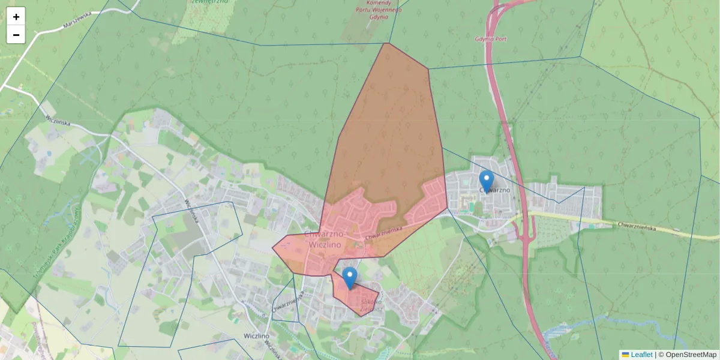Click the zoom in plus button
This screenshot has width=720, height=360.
click(x=16, y=17)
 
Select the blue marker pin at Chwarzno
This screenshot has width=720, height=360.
click(x=486, y=182)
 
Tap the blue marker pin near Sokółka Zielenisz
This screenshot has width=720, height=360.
click(x=350, y=278)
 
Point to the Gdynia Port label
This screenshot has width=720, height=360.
click(x=491, y=39)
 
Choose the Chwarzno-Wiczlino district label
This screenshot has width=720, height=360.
click(x=323, y=239)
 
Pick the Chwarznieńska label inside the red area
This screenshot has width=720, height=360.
click(x=382, y=233)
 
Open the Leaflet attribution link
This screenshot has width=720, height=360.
click(x=641, y=355)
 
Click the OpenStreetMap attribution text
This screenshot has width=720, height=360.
click(x=691, y=355)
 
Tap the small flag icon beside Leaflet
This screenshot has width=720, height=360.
click(x=625, y=355)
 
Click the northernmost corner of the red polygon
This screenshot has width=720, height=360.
click(x=388, y=43)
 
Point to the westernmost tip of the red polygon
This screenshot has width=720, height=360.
click(x=273, y=247)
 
